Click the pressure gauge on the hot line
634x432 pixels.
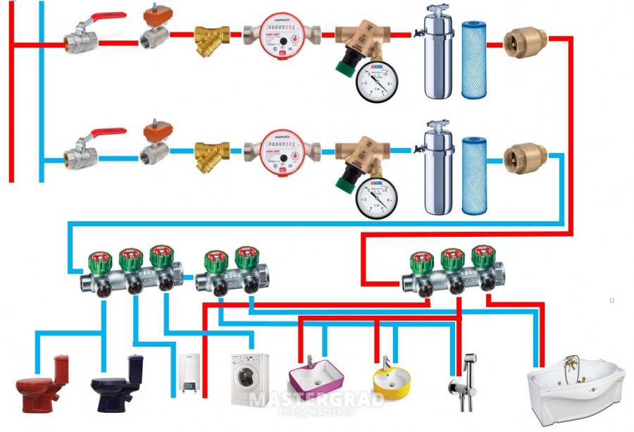(x=373, y=82)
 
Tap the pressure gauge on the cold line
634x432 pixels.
(x=373, y=195)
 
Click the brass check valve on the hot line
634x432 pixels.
(x=523, y=44)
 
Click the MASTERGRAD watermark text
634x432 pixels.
(x=317, y=400)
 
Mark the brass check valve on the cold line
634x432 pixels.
(x=523, y=157)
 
